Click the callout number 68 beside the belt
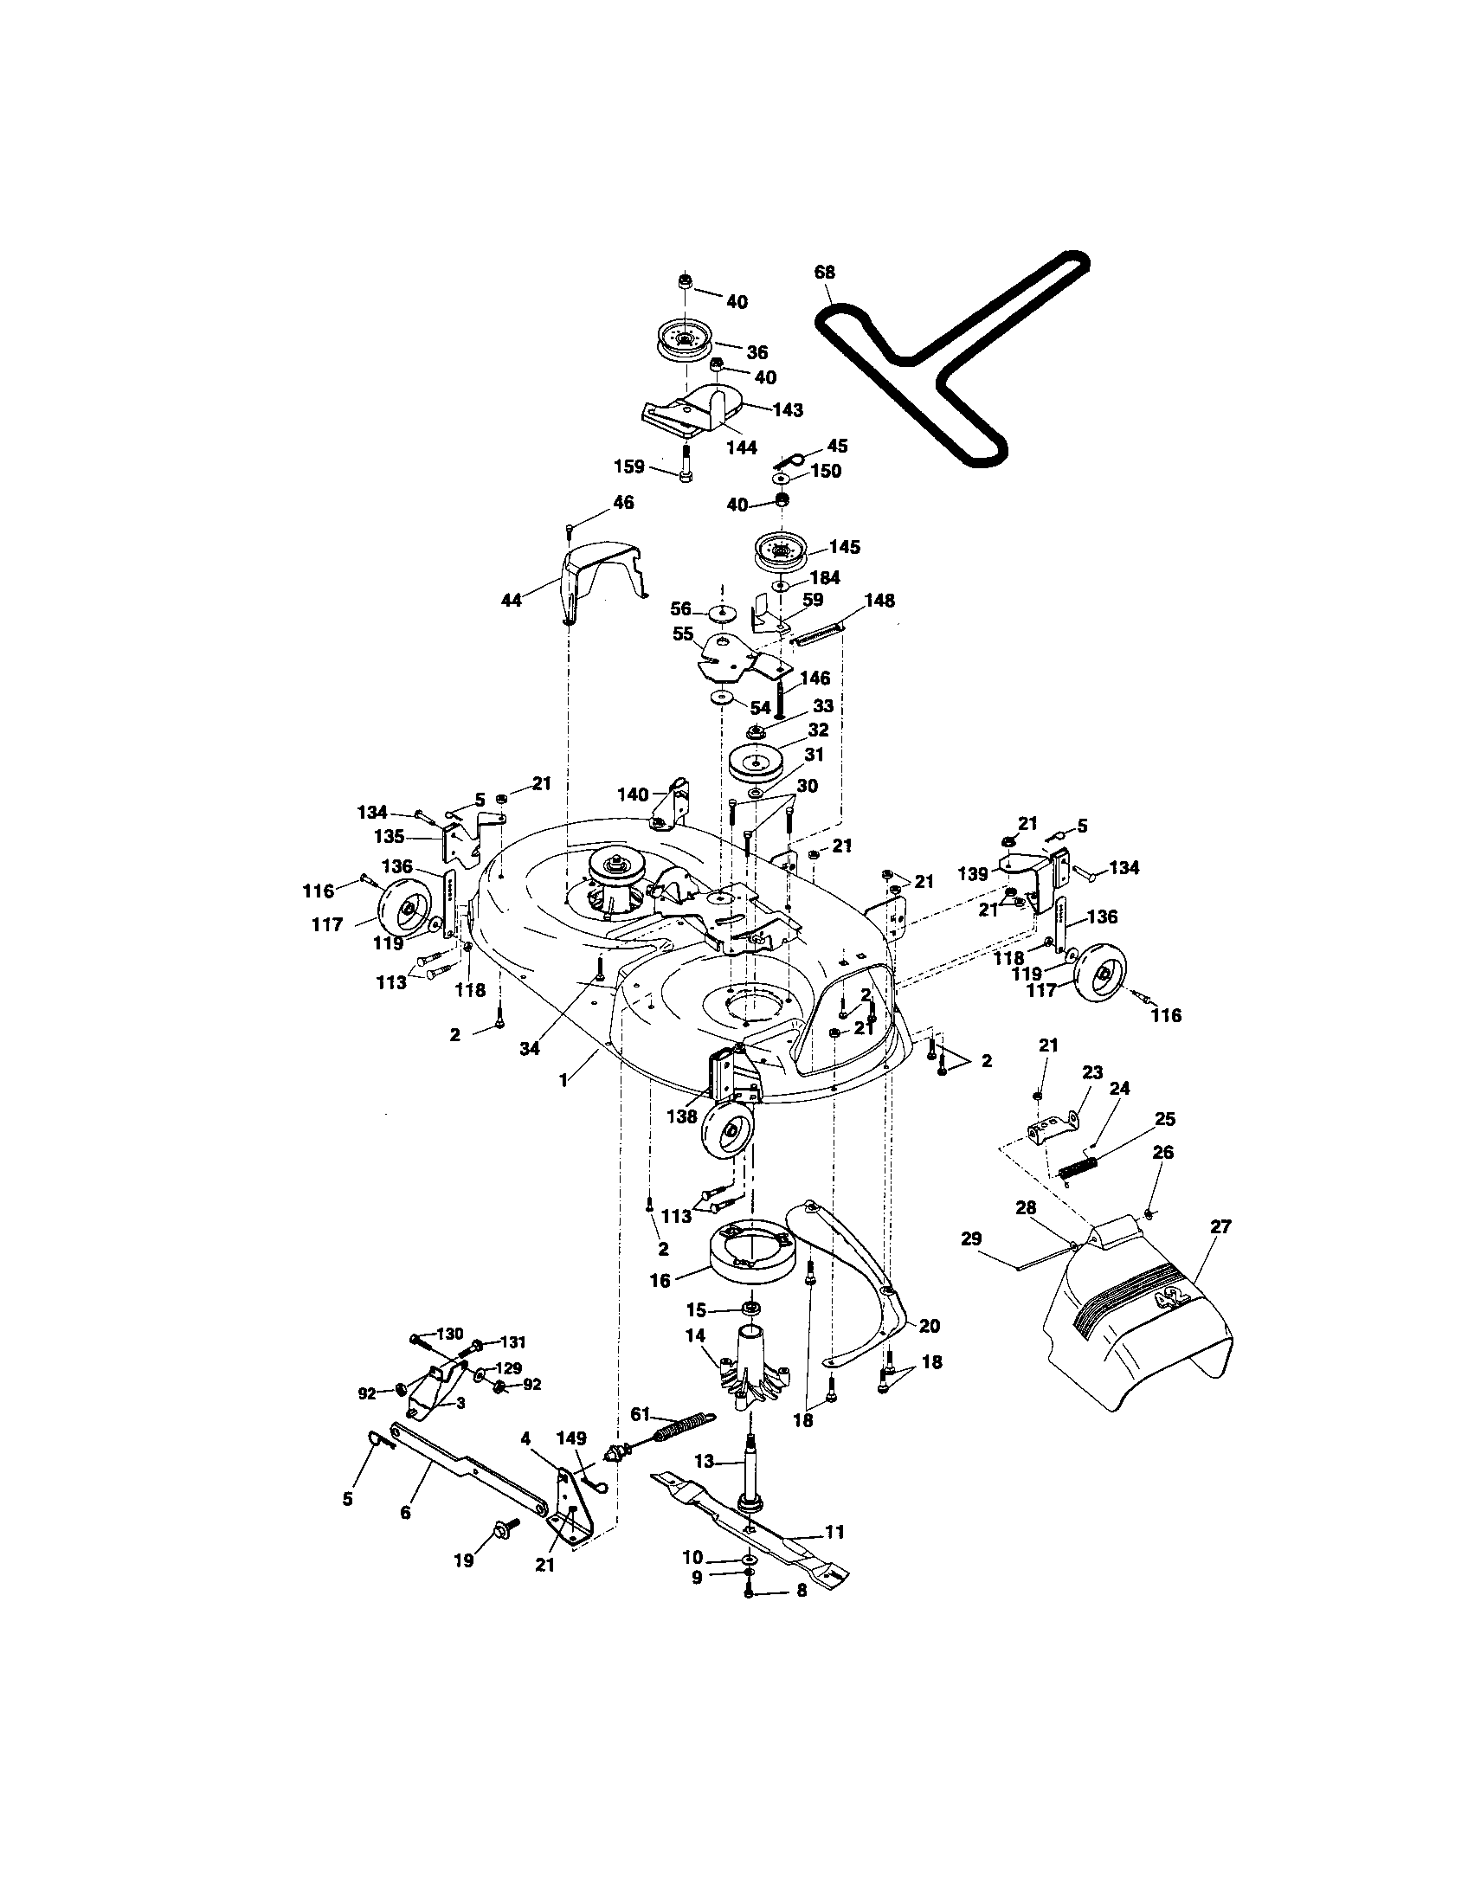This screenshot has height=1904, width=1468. click(x=824, y=272)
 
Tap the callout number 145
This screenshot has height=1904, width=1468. click(x=844, y=547)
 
